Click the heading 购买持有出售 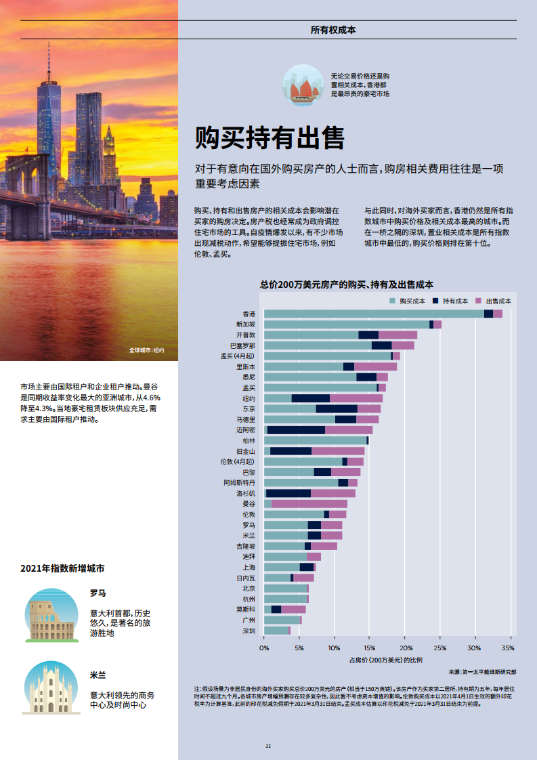(x=270, y=138)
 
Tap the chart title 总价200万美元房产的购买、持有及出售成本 (x=346, y=285)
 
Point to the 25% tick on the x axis (x=439, y=648)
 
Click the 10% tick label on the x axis (x=335, y=648)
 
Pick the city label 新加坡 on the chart (x=245, y=324)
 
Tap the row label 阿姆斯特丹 (x=240, y=483)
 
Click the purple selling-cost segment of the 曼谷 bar (x=309, y=504)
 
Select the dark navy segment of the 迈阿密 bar (x=296, y=430)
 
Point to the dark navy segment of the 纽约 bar (x=310, y=398)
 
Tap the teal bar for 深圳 (x=276, y=631)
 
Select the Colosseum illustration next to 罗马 (x=51, y=616)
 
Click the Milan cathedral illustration (x=51, y=688)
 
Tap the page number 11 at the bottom (x=268, y=746)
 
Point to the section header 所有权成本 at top (x=332, y=30)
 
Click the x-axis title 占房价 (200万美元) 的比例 (x=385, y=659)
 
